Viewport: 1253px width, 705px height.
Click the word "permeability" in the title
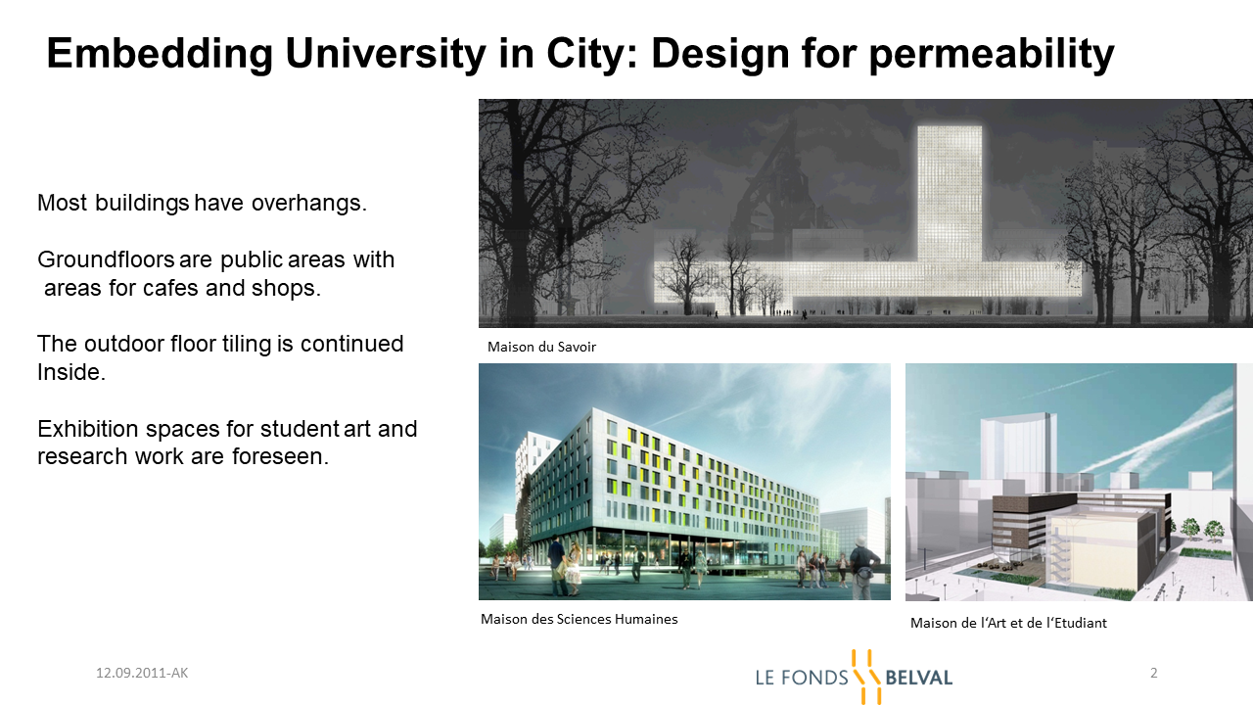[992, 55]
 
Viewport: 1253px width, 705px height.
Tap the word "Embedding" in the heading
[160, 54]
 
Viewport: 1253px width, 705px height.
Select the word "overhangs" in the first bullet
[308, 203]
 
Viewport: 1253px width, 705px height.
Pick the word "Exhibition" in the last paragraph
[88, 429]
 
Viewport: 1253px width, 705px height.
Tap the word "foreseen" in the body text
[280, 456]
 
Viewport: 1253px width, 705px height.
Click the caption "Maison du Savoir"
[541, 347]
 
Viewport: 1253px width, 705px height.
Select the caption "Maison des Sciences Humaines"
[579, 619]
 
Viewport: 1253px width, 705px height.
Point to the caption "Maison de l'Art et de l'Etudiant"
[1008, 623]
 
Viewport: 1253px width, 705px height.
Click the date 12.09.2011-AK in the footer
[142, 673]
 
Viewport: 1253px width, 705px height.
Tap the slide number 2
[1153, 673]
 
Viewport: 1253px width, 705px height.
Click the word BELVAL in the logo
[918, 679]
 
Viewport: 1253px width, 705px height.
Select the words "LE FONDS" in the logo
[802, 679]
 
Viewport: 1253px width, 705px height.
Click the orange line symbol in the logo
[866, 677]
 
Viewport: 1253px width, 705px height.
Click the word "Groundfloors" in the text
[106, 259]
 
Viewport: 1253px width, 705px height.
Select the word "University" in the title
[386, 55]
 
